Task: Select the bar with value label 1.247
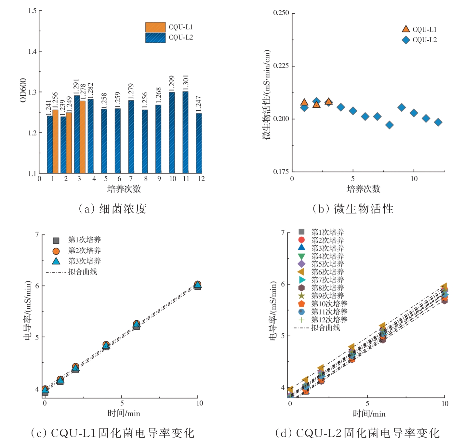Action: (x=199, y=143)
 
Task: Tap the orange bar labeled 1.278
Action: (x=82, y=137)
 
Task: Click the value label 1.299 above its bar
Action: (x=172, y=83)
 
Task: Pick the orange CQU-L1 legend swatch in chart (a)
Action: (x=155, y=27)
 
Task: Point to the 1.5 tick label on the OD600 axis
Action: (x=32, y=11)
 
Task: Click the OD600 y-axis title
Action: (x=23, y=90)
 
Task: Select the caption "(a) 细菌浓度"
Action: (x=112, y=209)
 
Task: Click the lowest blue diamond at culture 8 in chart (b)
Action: (x=389, y=125)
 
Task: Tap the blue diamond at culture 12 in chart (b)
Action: (x=438, y=122)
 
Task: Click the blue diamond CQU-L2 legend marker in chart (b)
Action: (x=405, y=40)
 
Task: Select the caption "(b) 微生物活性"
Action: (x=353, y=209)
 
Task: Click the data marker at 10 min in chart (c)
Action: (x=197, y=285)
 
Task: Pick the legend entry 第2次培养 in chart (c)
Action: (x=84, y=250)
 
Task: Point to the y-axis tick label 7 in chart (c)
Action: (x=37, y=234)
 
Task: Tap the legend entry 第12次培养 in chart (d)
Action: (x=329, y=320)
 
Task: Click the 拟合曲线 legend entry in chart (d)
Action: (x=325, y=328)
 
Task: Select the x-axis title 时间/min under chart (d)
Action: (x=369, y=414)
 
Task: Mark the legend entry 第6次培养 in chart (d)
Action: (x=327, y=272)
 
